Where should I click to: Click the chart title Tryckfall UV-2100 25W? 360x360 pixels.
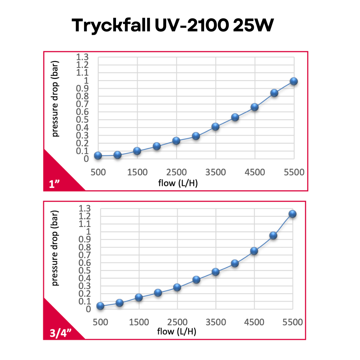(x=172, y=25)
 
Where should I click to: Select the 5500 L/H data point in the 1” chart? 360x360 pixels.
(x=294, y=81)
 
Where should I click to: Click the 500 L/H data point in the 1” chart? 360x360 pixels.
(x=98, y=155)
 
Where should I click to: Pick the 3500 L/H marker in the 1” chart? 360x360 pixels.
(x=215, y=127)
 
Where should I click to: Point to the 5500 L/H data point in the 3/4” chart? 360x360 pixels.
(x=292, y=214)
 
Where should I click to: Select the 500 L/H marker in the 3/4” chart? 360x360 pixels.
(x=100, y=306)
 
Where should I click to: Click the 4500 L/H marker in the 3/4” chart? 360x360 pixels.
(x=254, y=251)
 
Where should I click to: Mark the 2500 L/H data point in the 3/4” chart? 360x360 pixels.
(x=177, y=287)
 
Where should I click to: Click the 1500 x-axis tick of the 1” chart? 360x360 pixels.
(x=137, y=172)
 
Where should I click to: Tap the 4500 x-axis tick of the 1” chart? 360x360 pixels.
(x=255, y=172)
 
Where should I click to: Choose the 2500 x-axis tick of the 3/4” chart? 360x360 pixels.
(x=177, y=322)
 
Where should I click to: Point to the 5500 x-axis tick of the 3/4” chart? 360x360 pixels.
(x=292, y=322)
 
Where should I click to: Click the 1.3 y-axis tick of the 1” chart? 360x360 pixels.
(x=83, y=57)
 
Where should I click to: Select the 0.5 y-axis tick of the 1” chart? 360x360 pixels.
(x=83, y=120)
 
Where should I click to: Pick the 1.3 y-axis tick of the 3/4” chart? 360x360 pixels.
(x=85, y=209)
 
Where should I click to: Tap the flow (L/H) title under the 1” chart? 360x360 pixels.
(x=178, y=182)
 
